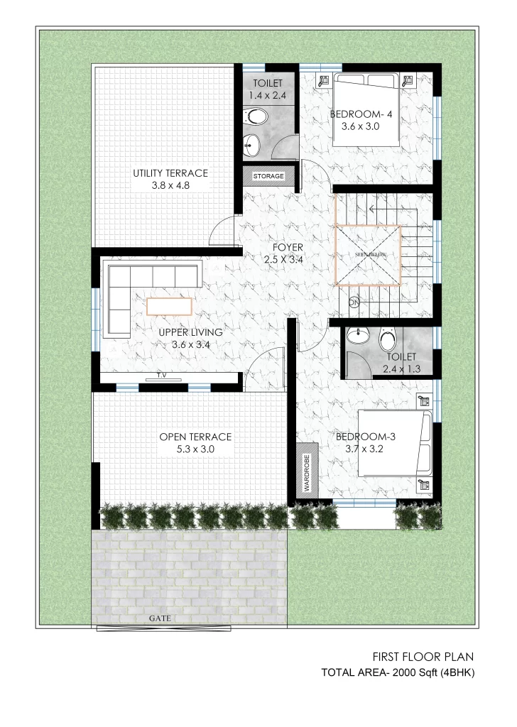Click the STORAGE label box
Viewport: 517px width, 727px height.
pos(268,176)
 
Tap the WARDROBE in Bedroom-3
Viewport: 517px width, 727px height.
pos(307,470)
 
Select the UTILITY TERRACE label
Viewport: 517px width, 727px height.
pos(170,173)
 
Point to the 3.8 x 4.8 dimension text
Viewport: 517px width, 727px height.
pos(170,185)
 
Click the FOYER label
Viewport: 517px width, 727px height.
pos(288,248)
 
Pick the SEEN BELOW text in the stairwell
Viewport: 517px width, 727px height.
pos(371,255)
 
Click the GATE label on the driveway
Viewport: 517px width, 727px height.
pos(160,618)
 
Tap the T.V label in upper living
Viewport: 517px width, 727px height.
pos(161,375)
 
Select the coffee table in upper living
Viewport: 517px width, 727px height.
pos(169,307)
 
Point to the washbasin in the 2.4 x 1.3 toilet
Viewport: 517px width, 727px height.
pos(358,336)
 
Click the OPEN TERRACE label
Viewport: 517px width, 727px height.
pos(195,437)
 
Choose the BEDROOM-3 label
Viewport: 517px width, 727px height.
pos(365,437)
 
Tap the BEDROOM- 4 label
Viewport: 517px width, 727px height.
pos(361,114)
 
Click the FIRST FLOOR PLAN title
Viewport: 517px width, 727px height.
pos(423,657)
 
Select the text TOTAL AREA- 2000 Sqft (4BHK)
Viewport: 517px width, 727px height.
pos(398,673)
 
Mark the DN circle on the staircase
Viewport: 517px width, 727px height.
pos(354,302)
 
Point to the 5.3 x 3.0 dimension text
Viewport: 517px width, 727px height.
pos(195,449)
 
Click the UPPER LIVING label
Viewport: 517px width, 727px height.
pos(190,332)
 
